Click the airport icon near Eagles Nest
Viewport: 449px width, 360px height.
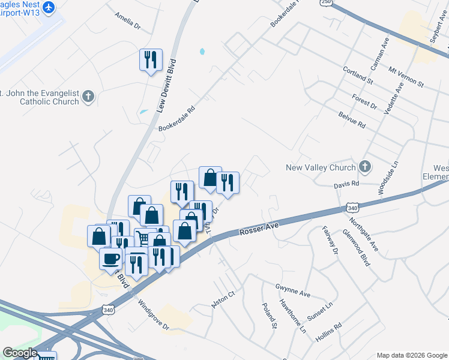49,7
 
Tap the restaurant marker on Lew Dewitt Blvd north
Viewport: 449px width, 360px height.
150,60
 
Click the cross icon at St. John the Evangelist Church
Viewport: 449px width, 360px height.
88,96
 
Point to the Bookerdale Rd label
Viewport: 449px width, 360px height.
177,119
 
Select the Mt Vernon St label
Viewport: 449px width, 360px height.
406,76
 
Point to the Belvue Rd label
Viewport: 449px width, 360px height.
352,119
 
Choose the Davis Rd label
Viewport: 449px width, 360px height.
346,184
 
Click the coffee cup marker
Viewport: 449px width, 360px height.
112,259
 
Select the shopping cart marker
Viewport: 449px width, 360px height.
143,238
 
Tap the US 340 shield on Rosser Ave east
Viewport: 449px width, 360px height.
353,208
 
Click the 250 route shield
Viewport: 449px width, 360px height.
326,2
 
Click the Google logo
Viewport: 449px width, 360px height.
20,353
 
